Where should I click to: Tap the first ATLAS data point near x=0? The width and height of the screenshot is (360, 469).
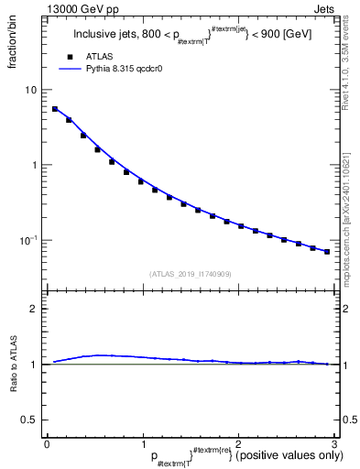(x=54, y=109)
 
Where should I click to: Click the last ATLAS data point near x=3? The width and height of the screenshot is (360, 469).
(x=327, y=252)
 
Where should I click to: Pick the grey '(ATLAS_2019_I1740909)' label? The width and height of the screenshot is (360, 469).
(x=191, y=274)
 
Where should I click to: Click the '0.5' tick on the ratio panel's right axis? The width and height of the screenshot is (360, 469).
(x=348, y=420)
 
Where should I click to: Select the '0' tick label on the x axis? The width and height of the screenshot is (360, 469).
(x=47, y=442)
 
